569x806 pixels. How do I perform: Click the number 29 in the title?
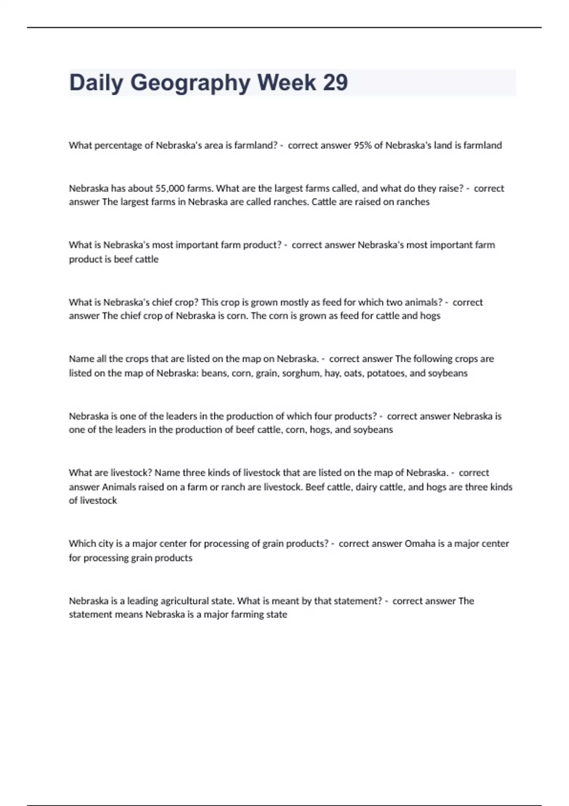pyautogui.click(x=335, y=82)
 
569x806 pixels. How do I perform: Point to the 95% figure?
pyautogui.click(x=363, y=146)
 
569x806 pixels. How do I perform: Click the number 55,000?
pyautogui.click(x=170, y=188)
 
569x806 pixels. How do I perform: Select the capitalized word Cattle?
pyautogui.click(x=324, y=202)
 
